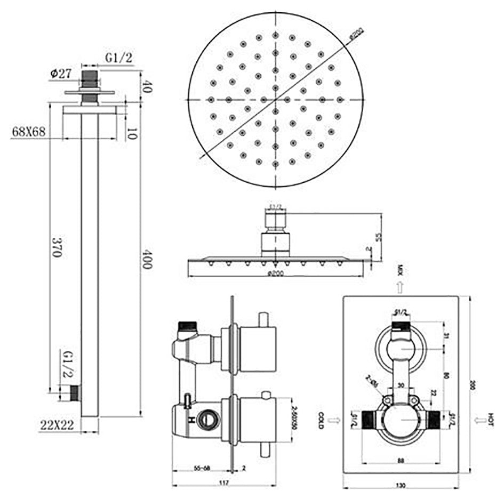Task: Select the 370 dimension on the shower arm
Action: [x=54, y=247]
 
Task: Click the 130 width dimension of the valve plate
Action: [x=401, y=485]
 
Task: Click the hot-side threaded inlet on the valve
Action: [x=434, y=420]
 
